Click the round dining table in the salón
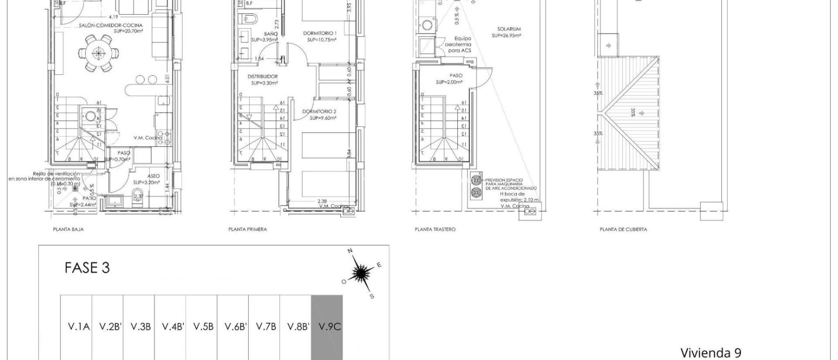[x=98, y=52]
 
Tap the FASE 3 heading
[x=87, y=268]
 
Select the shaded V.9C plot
[x=327, y=327]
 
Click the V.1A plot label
[x=78, y=327]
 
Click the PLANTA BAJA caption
[x=68, y=229]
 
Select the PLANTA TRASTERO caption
[x=435, y=229]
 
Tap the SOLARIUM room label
[x=509, y=29]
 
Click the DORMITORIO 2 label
[x=319, y=112]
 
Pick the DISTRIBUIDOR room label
[x=263, y=76]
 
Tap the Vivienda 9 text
[x=711, y=353]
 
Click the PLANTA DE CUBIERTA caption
[x=623, y=229]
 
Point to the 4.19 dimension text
[x=113, y=17]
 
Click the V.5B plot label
[x=203, y=327]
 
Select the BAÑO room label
[x=271, y=34]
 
